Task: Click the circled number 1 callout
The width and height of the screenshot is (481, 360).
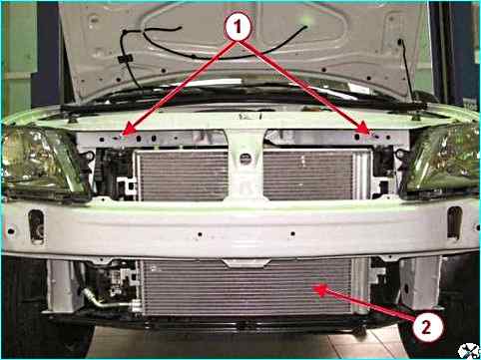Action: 238,27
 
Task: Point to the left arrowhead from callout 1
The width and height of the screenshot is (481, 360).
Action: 128,130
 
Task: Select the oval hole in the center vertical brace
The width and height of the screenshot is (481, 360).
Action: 245,159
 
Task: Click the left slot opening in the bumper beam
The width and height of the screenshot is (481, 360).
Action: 36,226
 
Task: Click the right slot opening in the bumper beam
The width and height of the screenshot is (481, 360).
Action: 454,222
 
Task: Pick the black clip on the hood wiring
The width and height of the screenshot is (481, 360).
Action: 125,59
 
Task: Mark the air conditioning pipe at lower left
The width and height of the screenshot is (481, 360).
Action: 110,301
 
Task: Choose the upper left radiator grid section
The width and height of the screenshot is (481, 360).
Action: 184,176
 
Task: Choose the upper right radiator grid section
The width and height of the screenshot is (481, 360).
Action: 307,175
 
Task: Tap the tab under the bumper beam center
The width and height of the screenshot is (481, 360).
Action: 246,263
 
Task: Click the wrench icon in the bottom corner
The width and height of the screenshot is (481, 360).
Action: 468,350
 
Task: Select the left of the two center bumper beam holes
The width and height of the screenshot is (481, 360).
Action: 200,234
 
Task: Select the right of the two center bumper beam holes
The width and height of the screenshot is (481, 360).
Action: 292,233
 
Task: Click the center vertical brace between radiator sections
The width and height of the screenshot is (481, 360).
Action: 245,166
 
